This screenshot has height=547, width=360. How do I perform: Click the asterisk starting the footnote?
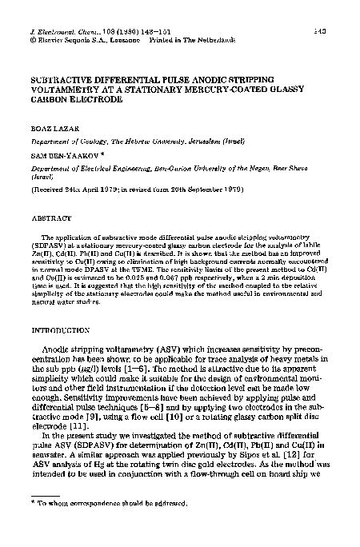pyautogui.click(x=30, y=504)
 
